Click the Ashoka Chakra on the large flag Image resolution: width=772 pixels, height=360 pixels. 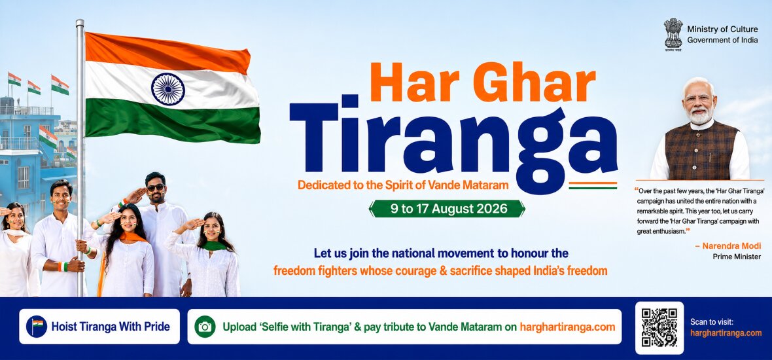click(x=168, y=89)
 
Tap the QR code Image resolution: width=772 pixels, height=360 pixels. click(x=659, y=327)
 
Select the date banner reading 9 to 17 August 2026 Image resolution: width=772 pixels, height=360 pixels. click(x=447, y=208)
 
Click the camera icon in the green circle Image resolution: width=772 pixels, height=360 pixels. click(x=205, y=327)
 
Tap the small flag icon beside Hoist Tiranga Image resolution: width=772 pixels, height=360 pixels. click(x=37, y=326)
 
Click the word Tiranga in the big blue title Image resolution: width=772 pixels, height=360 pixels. click(x=453, y=143)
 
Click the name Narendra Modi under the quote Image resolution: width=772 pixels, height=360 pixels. click(x=731, y=245)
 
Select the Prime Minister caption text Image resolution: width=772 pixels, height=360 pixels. click(x=737, y=257)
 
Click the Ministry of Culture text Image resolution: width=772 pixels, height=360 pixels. click(x=723, y=29)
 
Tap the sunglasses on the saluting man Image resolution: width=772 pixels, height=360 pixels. click(x=156, y=187)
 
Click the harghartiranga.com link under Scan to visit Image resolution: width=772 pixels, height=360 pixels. click(x=726, y=333)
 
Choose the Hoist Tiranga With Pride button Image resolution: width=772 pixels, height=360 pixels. click(x=99, y=327)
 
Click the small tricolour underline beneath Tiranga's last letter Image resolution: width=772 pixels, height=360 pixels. click(x=593, y=186)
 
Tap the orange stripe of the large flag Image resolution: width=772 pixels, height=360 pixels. click(x=167, y=52)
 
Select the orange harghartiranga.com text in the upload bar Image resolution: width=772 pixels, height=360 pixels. click(x=567, y=327)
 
